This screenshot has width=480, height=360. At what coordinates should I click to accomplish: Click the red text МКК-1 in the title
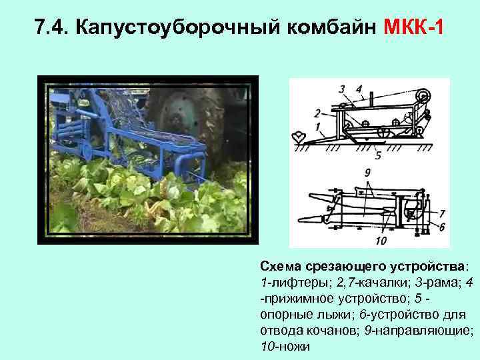(413, 28)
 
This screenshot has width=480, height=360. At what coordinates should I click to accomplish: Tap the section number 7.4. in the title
(51, 28)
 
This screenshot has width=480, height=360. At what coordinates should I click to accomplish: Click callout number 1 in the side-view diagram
(317, 125)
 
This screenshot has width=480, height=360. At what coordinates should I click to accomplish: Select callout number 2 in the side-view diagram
(317, 112)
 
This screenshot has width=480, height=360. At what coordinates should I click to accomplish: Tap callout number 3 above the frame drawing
(341, 89)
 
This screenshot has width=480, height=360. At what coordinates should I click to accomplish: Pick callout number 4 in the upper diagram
(359, 88)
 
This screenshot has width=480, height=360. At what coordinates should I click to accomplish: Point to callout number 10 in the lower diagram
(381, 239)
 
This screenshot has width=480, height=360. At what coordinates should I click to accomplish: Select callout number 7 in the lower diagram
(442, 213)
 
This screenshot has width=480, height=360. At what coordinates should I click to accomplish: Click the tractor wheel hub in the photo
(179, 107)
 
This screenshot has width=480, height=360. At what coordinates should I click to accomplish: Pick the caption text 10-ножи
(285, 347)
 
